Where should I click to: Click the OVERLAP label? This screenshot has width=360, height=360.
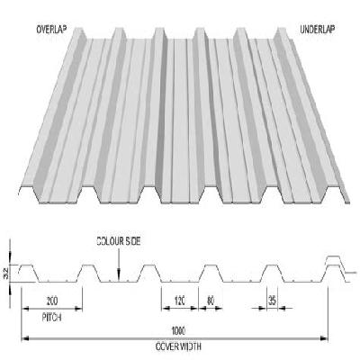point(51,30)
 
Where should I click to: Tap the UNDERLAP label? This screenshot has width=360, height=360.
point(318,30)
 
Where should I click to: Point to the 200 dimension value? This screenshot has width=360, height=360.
point(52,301)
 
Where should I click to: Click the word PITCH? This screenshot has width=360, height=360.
point(52,317)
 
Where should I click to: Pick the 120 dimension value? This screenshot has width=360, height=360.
point(179,301)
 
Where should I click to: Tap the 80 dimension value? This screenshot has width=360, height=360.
point(211,301)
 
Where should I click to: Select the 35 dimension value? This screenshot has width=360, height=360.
point(272,301)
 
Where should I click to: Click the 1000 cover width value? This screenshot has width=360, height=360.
point(178,330)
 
